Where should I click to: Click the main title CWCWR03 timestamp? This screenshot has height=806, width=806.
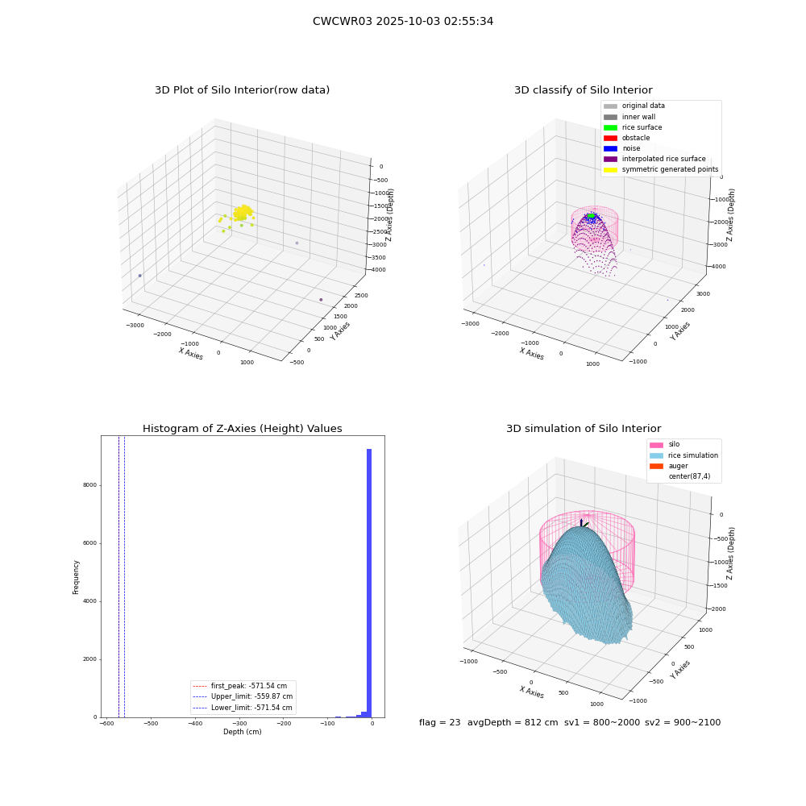tap(403, 22)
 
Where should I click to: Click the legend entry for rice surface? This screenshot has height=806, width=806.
tap(633, 127)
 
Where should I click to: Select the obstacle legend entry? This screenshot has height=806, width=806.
tap(626, 138)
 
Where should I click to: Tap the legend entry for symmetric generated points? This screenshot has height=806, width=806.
tap(661, 169)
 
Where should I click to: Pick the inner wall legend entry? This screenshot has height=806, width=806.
tap(629, 117)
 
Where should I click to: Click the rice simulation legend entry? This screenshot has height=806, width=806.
tap(683, 455)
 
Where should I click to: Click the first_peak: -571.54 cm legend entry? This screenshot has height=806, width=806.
tap(239, 686)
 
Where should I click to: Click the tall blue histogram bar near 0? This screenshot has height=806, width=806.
tap(369, 583)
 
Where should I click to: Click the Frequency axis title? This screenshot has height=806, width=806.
tap(76, 577)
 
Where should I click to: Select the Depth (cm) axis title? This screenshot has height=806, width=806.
tap(243, 732)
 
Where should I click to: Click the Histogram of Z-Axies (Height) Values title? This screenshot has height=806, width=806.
tap(242, 429)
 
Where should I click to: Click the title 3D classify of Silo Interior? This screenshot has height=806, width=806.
tap(584, 90)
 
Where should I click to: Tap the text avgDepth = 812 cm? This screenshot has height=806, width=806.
tap(513, 722)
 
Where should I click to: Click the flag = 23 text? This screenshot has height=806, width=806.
tap(439, 722)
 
